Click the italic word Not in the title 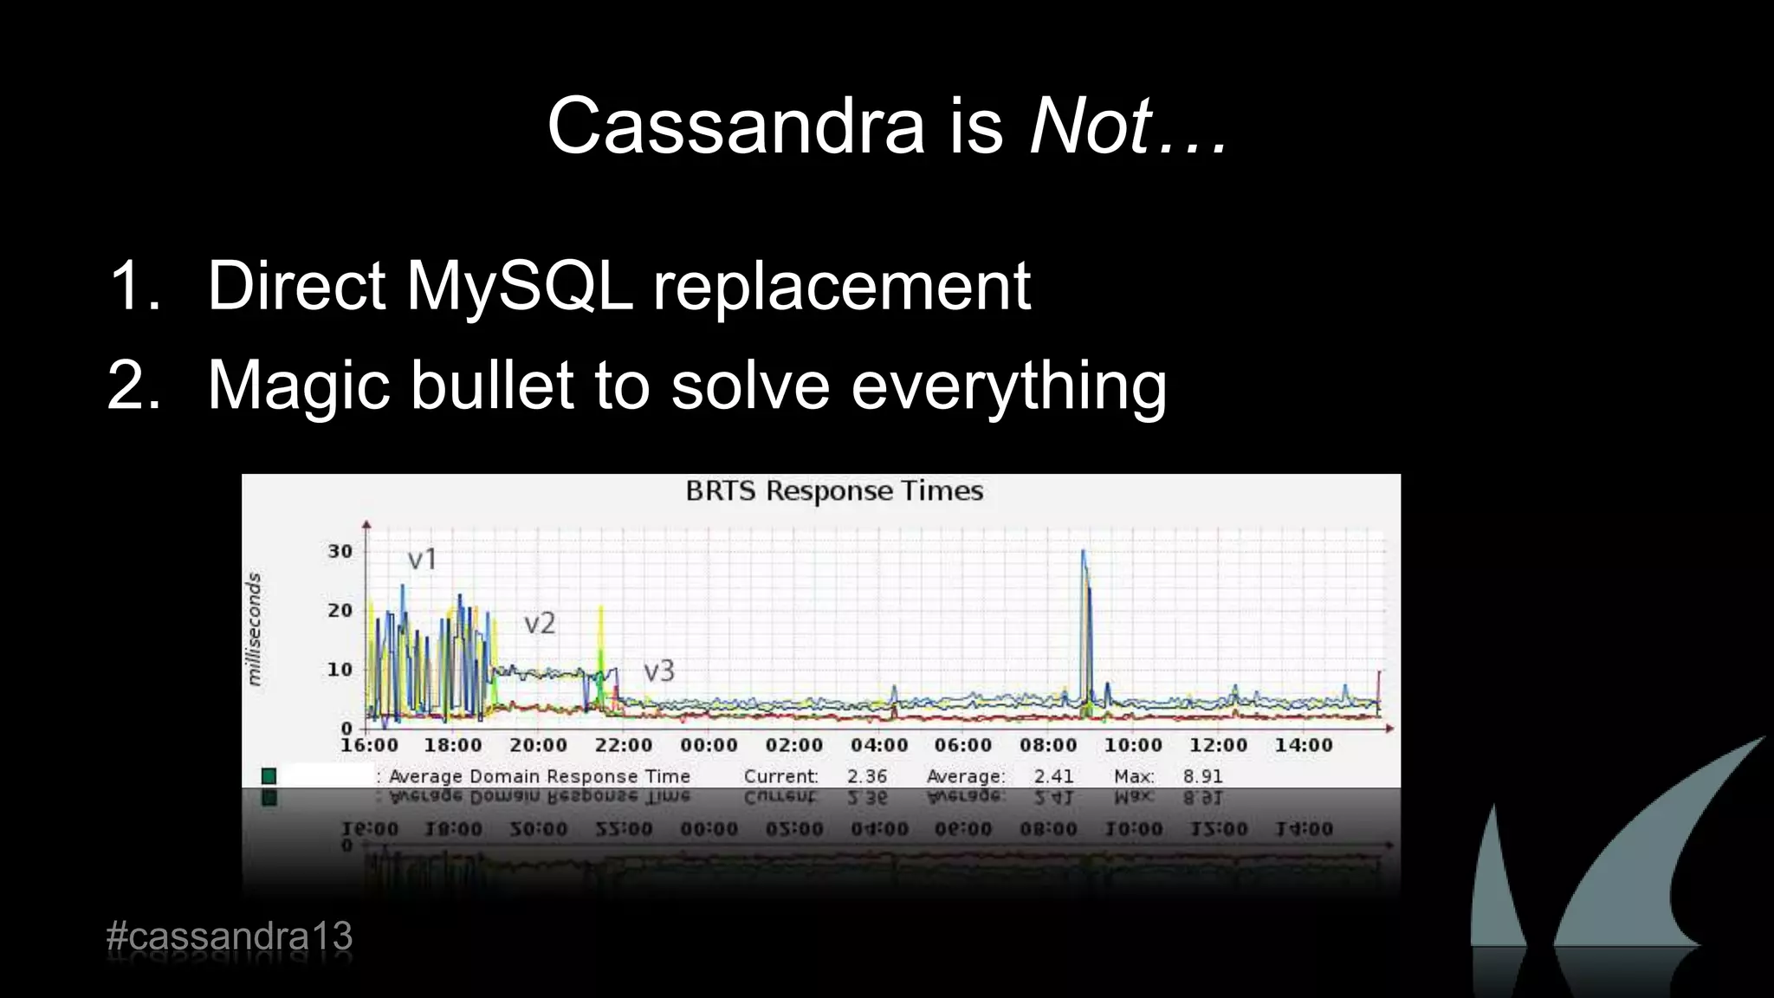point(1090,126)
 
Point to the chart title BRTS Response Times point(834,491)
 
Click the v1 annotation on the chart point(423,560)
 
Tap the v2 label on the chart point(540,623)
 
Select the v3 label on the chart point(658,671)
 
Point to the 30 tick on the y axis point(340,551)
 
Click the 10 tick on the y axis point(340,669)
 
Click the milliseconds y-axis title point(254,629)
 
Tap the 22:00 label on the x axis point(623,745)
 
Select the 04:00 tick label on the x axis point(878,745)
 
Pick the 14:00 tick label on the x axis point(1303,745)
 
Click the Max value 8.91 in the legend point(1202,776)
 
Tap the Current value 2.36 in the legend point(866,776)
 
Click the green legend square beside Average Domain point(269,775)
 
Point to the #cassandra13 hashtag point(230,936)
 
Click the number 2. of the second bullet point(135,386)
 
